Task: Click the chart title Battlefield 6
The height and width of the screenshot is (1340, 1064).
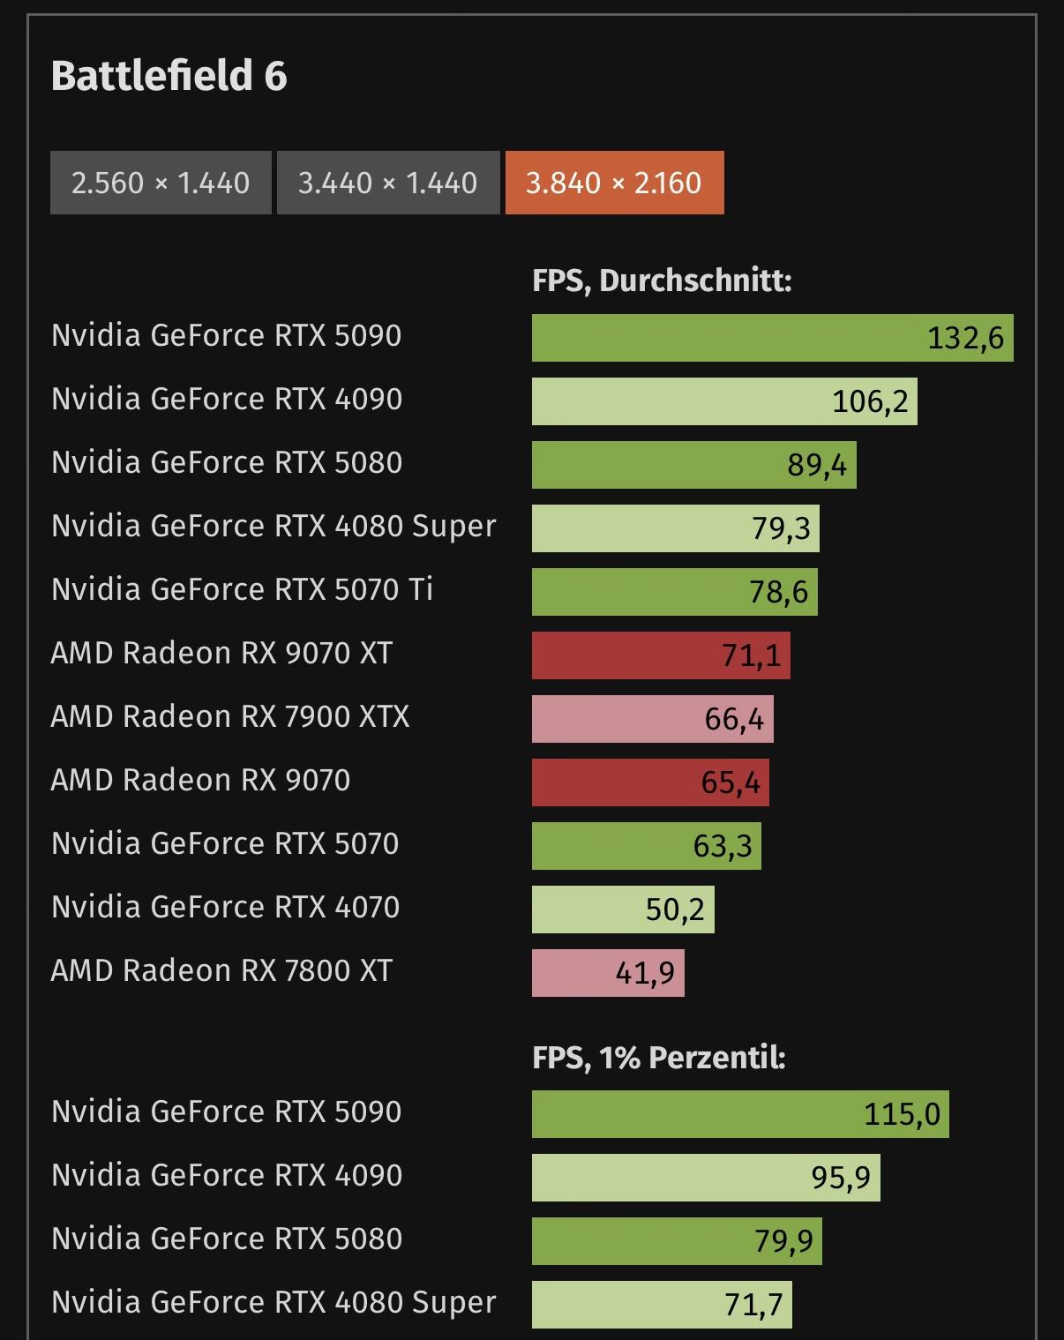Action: [169, 76]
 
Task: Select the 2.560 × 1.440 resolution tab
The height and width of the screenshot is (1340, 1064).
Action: [161, 183]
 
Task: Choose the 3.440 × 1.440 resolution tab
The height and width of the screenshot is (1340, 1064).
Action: [387, 183]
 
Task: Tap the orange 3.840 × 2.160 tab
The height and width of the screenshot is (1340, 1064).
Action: [614, 183]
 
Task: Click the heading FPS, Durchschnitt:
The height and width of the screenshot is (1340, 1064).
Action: [662, 281]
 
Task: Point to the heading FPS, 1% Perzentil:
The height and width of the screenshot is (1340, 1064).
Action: [658, 1057]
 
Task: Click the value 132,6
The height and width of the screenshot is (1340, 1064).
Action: [965, 339]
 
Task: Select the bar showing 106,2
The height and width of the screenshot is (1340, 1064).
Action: [723, 401]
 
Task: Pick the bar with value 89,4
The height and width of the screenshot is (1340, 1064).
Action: [693, 465]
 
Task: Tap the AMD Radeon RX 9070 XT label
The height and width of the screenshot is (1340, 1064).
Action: [221, 653]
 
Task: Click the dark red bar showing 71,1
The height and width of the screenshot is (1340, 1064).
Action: [660, 655]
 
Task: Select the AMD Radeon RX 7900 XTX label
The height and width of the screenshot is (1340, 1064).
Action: [230, 716]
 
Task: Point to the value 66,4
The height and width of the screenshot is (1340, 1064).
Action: [734, 720]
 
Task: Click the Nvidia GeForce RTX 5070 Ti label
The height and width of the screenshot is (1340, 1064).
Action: [243, 589]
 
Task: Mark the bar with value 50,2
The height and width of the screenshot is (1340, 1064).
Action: [623, 910]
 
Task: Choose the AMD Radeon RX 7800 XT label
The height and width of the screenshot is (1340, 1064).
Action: [221, 970]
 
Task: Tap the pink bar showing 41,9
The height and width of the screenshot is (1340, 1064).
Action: [608, 973]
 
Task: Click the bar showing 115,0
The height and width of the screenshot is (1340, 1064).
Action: [739, 1114]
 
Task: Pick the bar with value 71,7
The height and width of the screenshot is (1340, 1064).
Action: [662, 1305]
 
